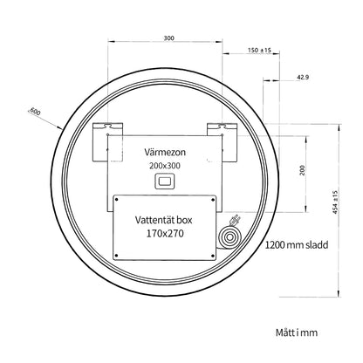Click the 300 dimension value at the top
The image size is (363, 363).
(168, 38)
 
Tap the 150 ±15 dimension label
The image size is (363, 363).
(259, 50)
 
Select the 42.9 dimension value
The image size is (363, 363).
(303, 77)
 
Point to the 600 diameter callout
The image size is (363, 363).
(35, 112)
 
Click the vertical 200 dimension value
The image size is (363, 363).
(303, 170)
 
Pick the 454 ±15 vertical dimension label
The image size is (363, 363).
(335, 202)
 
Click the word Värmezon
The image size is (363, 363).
(165, 152)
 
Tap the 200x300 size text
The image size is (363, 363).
(165, 166)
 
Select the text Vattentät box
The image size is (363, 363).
(164, 220)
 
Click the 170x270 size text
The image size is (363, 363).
(165, 233)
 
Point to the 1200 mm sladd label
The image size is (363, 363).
(297, 245)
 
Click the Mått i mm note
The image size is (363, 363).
(297, 332)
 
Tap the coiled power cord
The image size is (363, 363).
(229, 237)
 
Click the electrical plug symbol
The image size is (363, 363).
(235, 220)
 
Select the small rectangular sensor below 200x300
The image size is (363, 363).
(164, 181)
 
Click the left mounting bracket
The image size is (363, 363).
(107, 142)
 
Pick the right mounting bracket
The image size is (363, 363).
(223, 142)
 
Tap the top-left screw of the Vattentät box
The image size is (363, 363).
(116, 200)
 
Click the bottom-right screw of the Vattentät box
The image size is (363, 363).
(213, 256)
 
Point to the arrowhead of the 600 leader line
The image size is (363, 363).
(60, 127)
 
